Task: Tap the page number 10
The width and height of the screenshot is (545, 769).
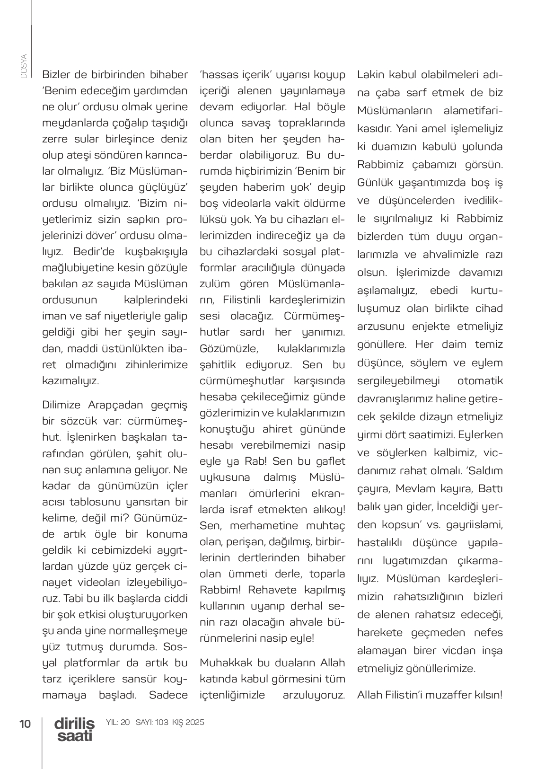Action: click(x=25, y=724)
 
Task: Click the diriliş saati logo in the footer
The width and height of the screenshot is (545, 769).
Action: click(x=74, y=729)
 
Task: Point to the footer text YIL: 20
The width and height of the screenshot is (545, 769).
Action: click(x=118, y=723)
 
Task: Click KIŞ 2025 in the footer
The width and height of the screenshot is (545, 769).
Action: click(x=188, y=723)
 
